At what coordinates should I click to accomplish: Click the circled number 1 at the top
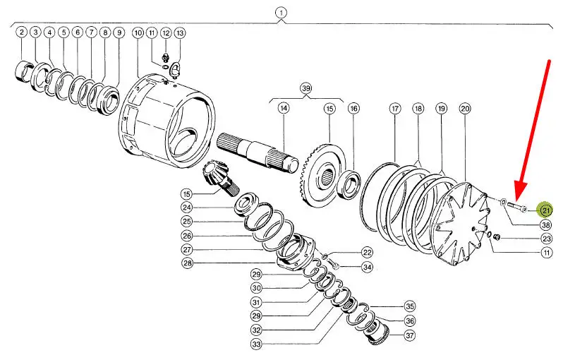coord(281,13)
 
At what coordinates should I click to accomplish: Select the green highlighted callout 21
coord(545,210)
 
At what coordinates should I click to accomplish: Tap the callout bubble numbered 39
coord(306,88)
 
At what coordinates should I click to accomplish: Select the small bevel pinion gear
coord(216,178)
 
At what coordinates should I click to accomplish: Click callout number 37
coord(410,335)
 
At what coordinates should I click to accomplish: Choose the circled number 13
coord(179,33)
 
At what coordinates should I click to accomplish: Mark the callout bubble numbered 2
coord(22,32)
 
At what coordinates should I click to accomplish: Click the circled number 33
coord(256,344)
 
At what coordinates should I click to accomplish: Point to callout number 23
coord(547,239)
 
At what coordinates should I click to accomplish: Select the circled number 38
coord(546,225)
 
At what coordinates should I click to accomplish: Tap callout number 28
coord(187,263)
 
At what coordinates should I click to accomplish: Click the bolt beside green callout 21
coord(517,207)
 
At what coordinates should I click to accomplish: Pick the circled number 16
coord(354,109)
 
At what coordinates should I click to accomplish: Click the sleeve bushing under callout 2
coord(24,71)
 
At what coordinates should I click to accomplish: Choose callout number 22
coord(367,253)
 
